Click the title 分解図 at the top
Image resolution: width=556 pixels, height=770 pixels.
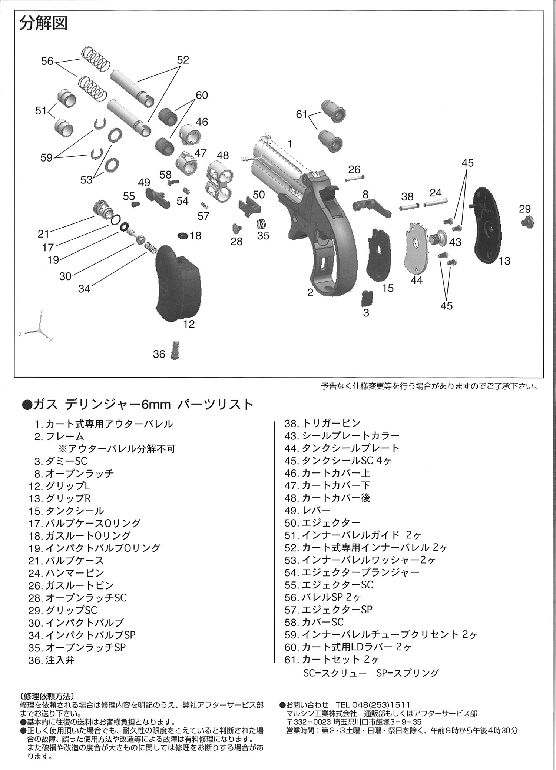(x=43, y=23)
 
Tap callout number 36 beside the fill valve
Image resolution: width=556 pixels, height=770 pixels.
(x=159, y=354)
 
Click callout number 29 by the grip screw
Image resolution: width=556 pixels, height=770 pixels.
(x=524, y=209)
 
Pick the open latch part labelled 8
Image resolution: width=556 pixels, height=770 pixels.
(x=373, y=206)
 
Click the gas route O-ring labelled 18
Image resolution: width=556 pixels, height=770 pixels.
(x=183, y=235)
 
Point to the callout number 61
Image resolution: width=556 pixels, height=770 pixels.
(x=302, y=114)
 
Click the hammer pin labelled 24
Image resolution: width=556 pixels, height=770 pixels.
(x=435, y=202)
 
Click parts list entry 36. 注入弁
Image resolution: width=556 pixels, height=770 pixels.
(x=52, y=660)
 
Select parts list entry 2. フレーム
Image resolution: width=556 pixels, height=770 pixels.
(x=59, y=436)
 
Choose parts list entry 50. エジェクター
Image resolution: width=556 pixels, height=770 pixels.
(x=322, y=523)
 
